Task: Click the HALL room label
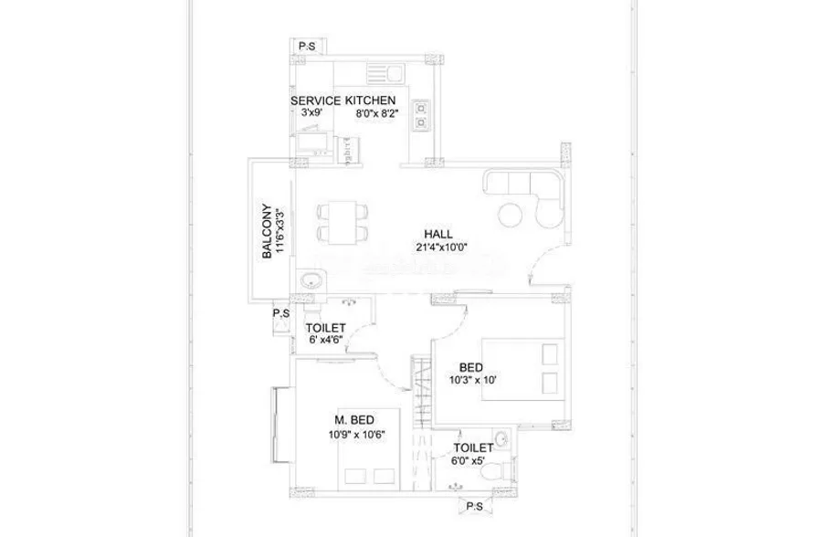coord(438,234)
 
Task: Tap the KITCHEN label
coord(370,100)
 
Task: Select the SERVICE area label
coord(316,100)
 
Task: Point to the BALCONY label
coord(268,231)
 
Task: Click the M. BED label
coord(354,420)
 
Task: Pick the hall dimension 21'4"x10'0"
coord(439,247)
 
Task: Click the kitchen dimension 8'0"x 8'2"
coord(378,113)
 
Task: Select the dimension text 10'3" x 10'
coord(472,380)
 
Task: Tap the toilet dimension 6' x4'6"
coord(325,340)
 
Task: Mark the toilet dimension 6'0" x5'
coord(468,461)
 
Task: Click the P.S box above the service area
coord(307,47)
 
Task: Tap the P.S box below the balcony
coord(281,314)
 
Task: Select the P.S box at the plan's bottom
coord(474,507)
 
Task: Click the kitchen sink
coord(385,73)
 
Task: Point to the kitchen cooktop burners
coord(420,115)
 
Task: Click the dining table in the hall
coord(342,223)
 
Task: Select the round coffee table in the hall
coord(510,214)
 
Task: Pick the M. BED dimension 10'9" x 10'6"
coord(356,434)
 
